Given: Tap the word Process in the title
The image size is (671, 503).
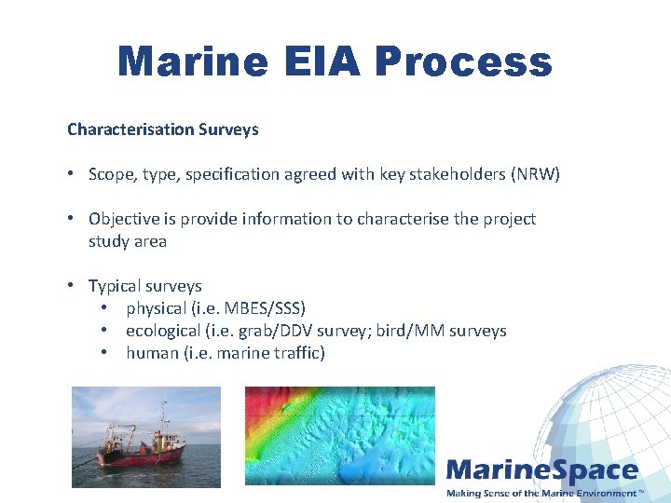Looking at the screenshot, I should pyautogui.click(x=464, y=61).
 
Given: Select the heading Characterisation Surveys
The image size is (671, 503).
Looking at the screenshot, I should pyautogui.click(x=163, y=129).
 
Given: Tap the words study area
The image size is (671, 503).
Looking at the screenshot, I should pyautogui.click(x=128, y=241).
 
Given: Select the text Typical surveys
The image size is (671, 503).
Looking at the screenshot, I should pyautogui.click(x=144, y=286).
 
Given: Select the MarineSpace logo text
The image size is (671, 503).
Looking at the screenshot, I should pyautogui.click(x=541, y=471).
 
